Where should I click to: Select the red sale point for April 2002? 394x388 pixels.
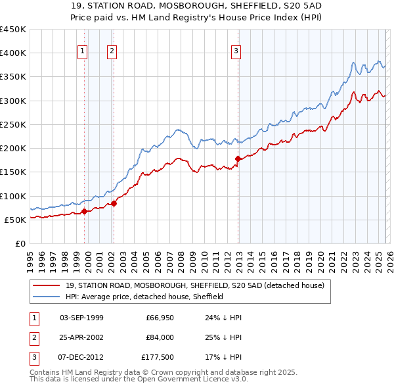[114, 203]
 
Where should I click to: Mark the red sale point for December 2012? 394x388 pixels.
[238, 158]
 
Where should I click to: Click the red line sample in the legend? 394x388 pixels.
[47, 286]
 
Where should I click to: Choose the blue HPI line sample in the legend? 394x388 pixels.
[47, 297]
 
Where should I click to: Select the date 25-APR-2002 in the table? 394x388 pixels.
[81, 337]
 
